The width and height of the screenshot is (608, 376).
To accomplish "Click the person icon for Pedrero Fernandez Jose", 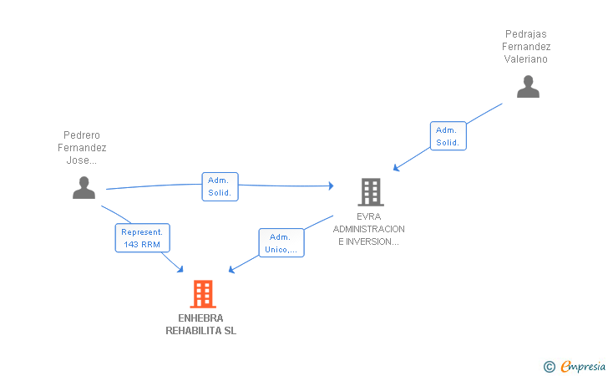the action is (x=84, y=187).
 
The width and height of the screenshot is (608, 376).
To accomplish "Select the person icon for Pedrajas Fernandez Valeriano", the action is (x=528, y=87).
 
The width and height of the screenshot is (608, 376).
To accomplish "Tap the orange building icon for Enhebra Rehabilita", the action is (x=203, y=294).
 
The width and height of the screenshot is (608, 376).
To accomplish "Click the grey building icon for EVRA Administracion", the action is (x=371, y=192).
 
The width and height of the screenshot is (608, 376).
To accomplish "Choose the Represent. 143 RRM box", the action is (x=142, y=238).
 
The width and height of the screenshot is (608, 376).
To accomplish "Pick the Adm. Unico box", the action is (x=281, y=242).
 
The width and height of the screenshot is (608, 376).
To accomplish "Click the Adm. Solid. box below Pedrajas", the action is (x=448, y=136).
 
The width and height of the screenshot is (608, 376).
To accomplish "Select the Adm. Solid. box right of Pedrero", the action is (x=220, y=186).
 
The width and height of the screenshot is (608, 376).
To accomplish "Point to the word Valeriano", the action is (x=526, y=59).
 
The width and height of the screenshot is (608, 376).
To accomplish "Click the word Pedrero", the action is (x=82, y=135).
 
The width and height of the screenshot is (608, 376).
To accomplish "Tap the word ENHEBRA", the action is (x=200, y=318).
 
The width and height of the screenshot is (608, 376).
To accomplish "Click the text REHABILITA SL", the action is (x=200, y=331).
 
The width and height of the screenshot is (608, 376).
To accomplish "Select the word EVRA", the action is (x=369, y=216).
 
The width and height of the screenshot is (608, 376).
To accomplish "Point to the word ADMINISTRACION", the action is (x=369, y=229).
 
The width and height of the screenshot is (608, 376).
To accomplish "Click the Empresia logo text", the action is (x=583, y=366).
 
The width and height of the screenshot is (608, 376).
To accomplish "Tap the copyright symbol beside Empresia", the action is (x=550, y=367).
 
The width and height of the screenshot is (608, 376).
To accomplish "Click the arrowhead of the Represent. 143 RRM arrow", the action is (x=180, y=270).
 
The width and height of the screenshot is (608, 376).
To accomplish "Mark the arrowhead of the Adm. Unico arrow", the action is (x=231, y=269).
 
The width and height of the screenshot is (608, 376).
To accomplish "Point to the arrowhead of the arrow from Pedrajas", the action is (x=396, y=168).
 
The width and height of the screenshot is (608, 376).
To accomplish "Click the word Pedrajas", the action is (x=526, y=34).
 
